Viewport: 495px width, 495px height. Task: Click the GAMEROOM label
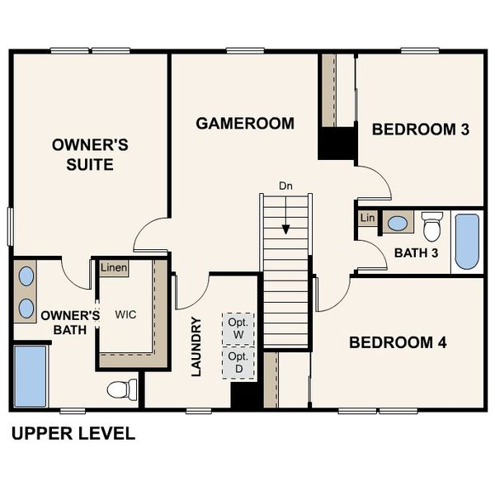point(245,124)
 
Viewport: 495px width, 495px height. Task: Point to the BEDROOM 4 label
point(398,342)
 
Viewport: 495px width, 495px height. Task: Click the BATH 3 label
point(415,252)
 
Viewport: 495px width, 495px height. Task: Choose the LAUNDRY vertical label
point(196,346)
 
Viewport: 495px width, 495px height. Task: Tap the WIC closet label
point(126,314)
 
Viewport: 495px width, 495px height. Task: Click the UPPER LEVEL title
point(73,433)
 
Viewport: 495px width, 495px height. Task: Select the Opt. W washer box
point(238,328)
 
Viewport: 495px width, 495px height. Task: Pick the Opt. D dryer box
point(238,361)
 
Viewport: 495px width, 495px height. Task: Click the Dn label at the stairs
point(285,186)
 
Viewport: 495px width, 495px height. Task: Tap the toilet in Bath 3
point(431,224)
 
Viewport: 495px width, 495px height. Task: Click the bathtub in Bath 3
point(467,242)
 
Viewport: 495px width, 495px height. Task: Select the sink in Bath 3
point(398,223)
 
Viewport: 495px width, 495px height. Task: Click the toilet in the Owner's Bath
point(123,389)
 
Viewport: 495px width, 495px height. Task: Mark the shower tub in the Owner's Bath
point(31,376)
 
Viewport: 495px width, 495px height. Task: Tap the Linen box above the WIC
point(112,269)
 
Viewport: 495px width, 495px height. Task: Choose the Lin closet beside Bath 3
point(366,218)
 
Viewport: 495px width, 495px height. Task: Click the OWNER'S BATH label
point(69,323)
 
